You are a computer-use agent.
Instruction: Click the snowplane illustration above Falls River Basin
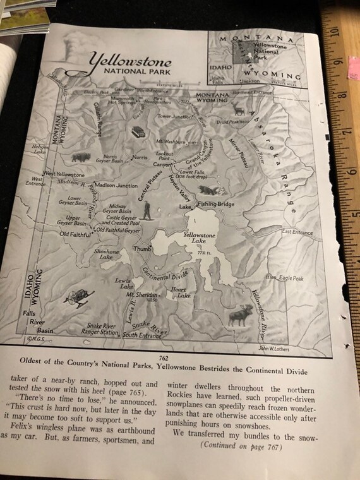(80, 296)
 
